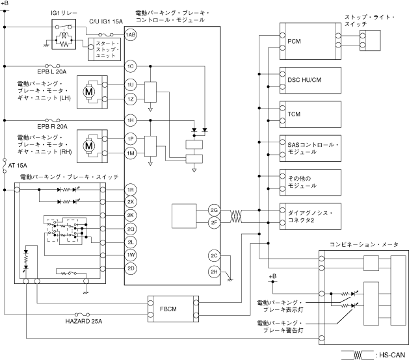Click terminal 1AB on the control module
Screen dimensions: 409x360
tap(131, 34)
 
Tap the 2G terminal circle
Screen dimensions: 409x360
tap(214, 210)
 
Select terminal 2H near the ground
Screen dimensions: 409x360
tap(214, 272)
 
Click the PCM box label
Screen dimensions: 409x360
tap(294, 41)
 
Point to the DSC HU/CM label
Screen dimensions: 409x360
tap(304, 80)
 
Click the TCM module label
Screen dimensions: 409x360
tap(294, 114)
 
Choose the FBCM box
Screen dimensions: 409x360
tap(173, 309)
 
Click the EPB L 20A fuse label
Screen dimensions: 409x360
tap(51, 72)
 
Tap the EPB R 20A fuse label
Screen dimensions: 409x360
tap(52, 127)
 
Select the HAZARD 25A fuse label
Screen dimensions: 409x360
tap(84, 321)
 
